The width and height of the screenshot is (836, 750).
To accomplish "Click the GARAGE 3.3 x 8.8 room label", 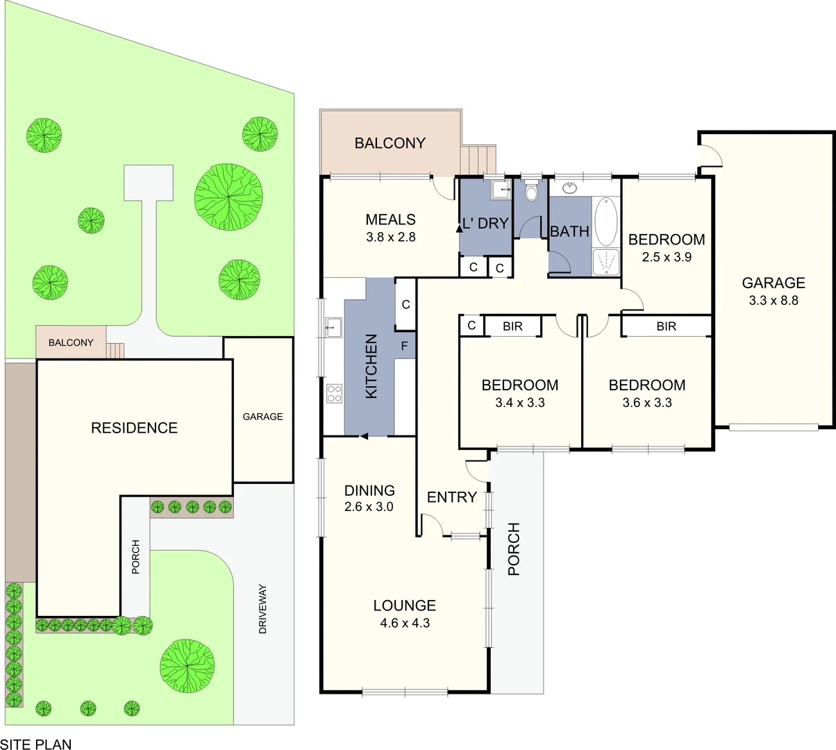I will tap(773, 291).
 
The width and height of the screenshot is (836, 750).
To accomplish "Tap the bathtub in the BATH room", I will tap(605, 222).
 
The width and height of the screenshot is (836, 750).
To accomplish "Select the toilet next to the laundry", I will tap(532, 190).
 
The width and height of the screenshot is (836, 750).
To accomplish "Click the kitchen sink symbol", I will tap(333, 326).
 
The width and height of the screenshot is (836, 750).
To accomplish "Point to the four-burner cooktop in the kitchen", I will tap(334, 394).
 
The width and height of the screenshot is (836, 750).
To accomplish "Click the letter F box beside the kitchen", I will tap(405, 345).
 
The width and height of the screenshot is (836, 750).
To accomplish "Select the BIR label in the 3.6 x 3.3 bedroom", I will tap(666, 326).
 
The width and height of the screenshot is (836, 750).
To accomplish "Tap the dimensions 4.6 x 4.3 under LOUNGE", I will tap(405, 623).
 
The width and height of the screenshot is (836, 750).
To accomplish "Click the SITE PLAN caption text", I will tap(36, 744).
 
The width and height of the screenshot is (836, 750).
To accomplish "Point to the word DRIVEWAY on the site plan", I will tap(262, 610).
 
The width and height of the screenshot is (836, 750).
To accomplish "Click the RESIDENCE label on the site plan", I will tap(134, 428).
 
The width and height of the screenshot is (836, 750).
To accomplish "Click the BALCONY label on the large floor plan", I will tap(390, 143).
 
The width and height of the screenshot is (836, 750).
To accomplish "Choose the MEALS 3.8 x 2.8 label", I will tap(390, 227).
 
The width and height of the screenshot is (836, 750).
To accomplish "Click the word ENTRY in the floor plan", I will tap(451, 497).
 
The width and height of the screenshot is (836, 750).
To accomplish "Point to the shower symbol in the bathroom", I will tap(605, 262).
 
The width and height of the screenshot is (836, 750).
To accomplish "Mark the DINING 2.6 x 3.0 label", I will tap(369, 498).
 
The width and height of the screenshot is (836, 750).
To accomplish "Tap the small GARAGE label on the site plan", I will tap(262, 417).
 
